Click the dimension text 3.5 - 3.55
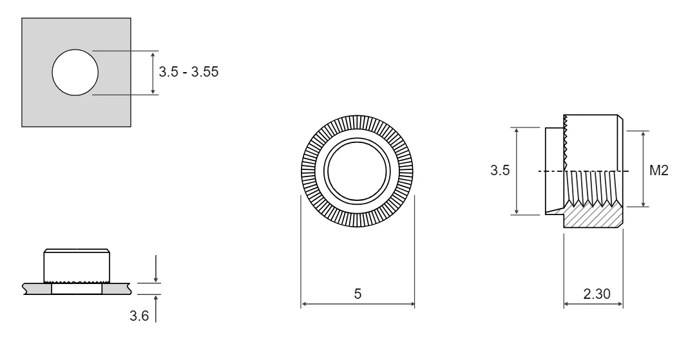pos(188,71)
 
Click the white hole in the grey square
pos(75,72)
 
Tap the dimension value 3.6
pos(139,316)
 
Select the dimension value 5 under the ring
pos(358,294)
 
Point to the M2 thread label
pos(658,170)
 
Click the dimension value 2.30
pos(597,294)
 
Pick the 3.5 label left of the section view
pos(500,170)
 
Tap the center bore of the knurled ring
pos(357,171)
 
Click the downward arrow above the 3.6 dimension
pos(156,269)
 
